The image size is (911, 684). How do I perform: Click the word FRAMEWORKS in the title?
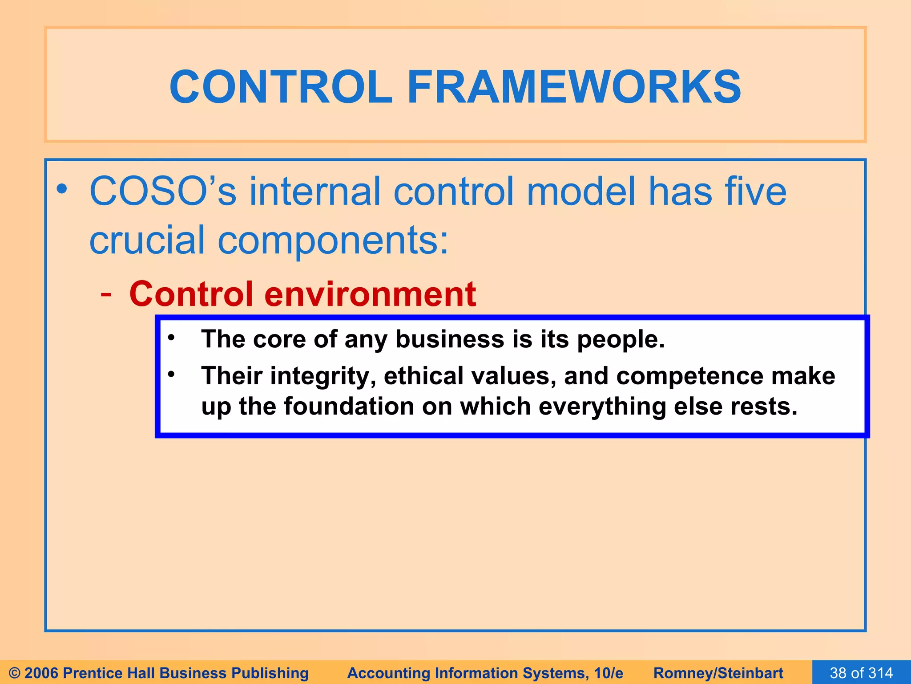pos(574,87)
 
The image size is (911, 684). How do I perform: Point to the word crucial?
pos(147,240)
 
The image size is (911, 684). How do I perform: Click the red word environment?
pos(370,295)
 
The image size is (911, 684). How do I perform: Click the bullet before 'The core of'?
pos(171,337)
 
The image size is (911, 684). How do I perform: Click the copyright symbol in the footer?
pos(15,673)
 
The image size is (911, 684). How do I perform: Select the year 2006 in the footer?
pos(42,673)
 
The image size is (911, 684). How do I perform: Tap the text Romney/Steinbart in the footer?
pos(718,673)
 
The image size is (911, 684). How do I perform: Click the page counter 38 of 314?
pos(861,673)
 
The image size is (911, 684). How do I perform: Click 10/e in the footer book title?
pos(608,673)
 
